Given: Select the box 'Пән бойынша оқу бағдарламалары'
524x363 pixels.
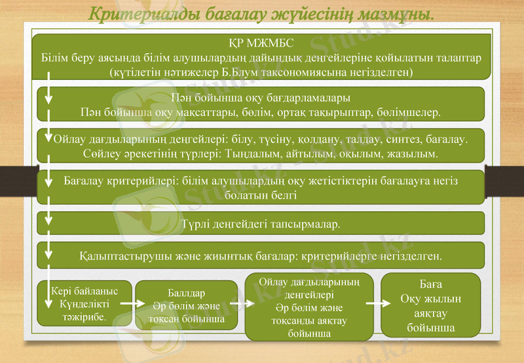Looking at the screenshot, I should pos(260,105).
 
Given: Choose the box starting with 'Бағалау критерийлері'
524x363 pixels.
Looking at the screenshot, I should pos(260,187).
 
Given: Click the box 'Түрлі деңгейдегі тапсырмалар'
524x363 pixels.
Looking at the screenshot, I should pos(260,223).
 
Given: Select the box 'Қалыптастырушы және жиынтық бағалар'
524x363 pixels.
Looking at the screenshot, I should pos(260,255).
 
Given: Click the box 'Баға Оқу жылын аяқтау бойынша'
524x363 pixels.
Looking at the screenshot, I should pos(430,305).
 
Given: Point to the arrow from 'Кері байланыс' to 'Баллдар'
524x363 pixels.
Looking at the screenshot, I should pos(133,304).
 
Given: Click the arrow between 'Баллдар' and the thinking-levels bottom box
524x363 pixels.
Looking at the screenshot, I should pos(240,304).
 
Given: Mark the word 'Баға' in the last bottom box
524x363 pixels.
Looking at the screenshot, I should pos(430,285).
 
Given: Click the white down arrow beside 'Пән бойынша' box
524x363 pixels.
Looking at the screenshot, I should pos(48,98).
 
